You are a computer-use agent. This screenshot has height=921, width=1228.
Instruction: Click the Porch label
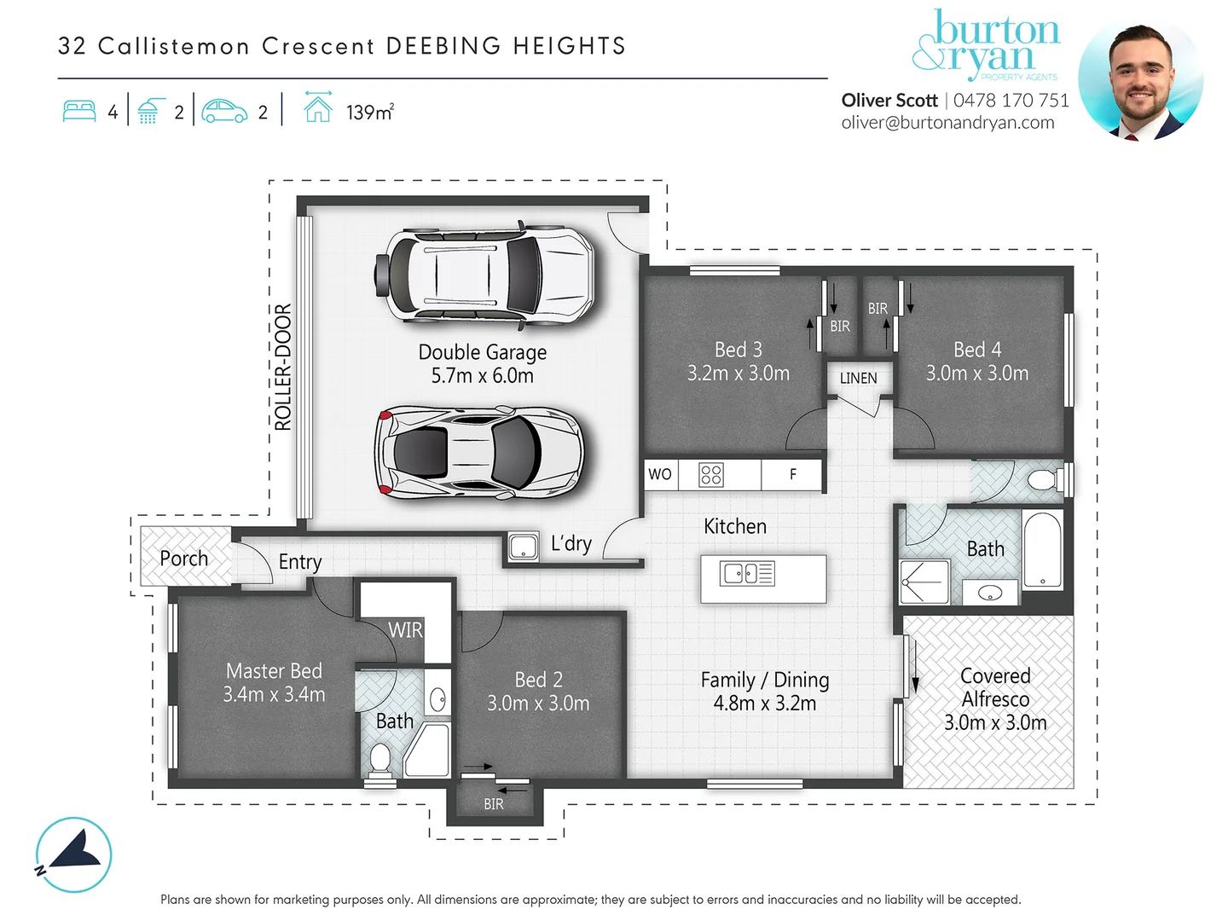pos(183,558)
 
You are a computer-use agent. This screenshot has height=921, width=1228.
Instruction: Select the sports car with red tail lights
pos(479,453)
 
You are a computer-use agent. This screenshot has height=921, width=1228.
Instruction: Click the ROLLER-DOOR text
pos(283,367)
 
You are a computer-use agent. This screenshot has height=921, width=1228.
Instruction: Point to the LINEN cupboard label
pos(858,379)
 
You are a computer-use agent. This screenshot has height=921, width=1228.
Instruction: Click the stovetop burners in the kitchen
pos(711,475)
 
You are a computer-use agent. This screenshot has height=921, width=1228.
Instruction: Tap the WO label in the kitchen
pos(659,474)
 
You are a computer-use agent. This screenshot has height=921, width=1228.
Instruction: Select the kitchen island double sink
pos(747,573)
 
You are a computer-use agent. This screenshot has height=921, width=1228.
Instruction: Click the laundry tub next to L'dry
pos(524,547)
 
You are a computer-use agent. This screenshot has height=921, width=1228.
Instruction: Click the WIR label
pos(406,630)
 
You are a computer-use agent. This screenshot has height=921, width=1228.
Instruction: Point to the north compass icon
pos(73,854)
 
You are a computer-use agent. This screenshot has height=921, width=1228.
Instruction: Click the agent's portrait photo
pos(1139,81)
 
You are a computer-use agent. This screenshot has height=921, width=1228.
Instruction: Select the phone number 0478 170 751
pos(1011,101)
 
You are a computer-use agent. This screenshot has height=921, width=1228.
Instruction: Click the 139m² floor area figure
pos(370,113)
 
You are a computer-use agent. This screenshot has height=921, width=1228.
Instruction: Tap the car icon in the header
pos(224,111)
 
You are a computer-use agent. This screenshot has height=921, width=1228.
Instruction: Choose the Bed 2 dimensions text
pos(538,703)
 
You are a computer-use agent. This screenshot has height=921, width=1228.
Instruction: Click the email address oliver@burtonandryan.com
pos(947,123)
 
